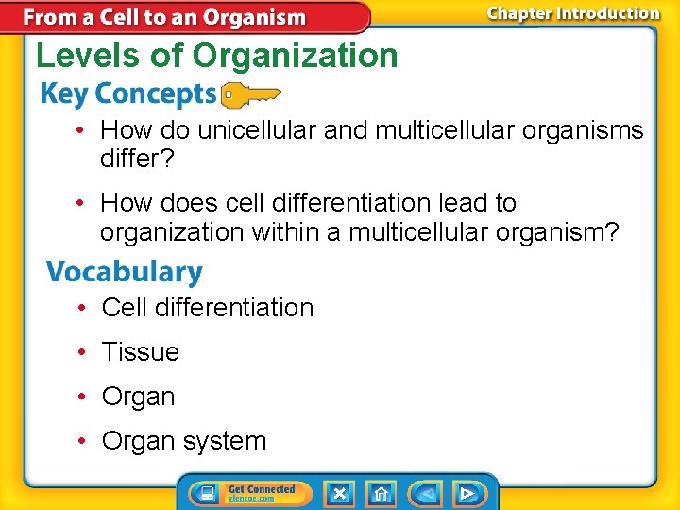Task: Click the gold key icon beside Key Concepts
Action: [x=249, y=95]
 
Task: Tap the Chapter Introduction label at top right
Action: [x=573, y=13]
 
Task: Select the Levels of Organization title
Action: [x=217, y=56]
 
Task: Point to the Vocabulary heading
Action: [x=125, y=272]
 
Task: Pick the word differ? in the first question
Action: [x=137, y=159]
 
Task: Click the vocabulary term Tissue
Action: [x=140, y=352]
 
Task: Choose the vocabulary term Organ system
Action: [x=184, y=441]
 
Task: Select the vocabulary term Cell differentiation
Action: [x=208, y=308]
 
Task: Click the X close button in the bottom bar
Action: [x=338, y=493]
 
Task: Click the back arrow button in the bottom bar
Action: [x=426, y=493]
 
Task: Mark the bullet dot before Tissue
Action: [x=83, y=352]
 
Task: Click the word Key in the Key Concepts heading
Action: [x=63, y=94]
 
